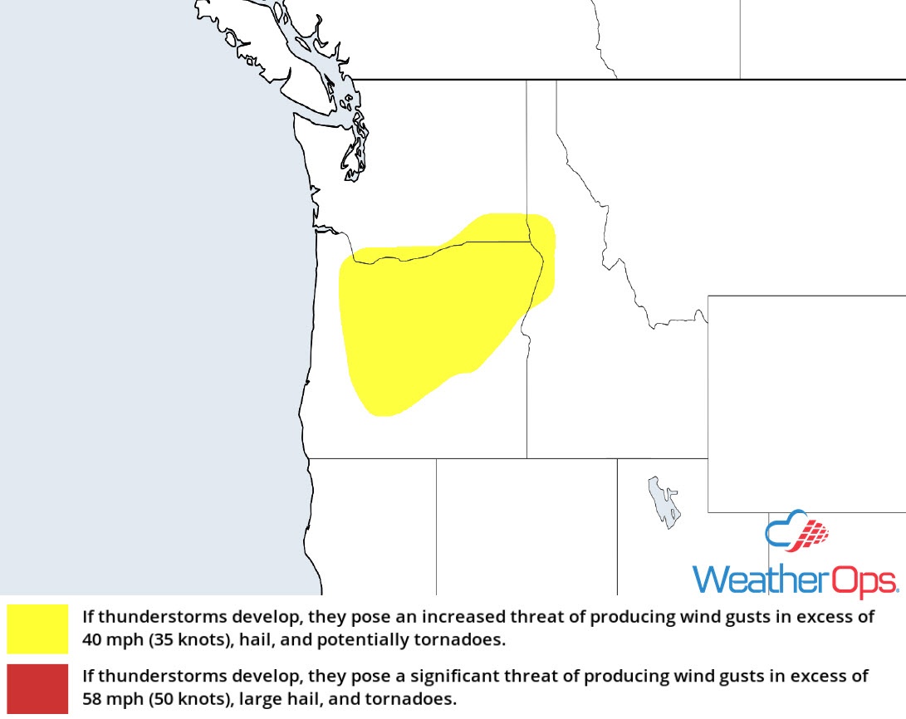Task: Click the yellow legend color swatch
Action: (x=37, y=629)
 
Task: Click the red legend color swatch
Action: (x=37, y=687)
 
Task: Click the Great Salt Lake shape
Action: (x=665, y=501)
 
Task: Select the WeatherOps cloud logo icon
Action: (x=796, y=532)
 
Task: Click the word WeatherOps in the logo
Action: (x=795, y=579)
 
